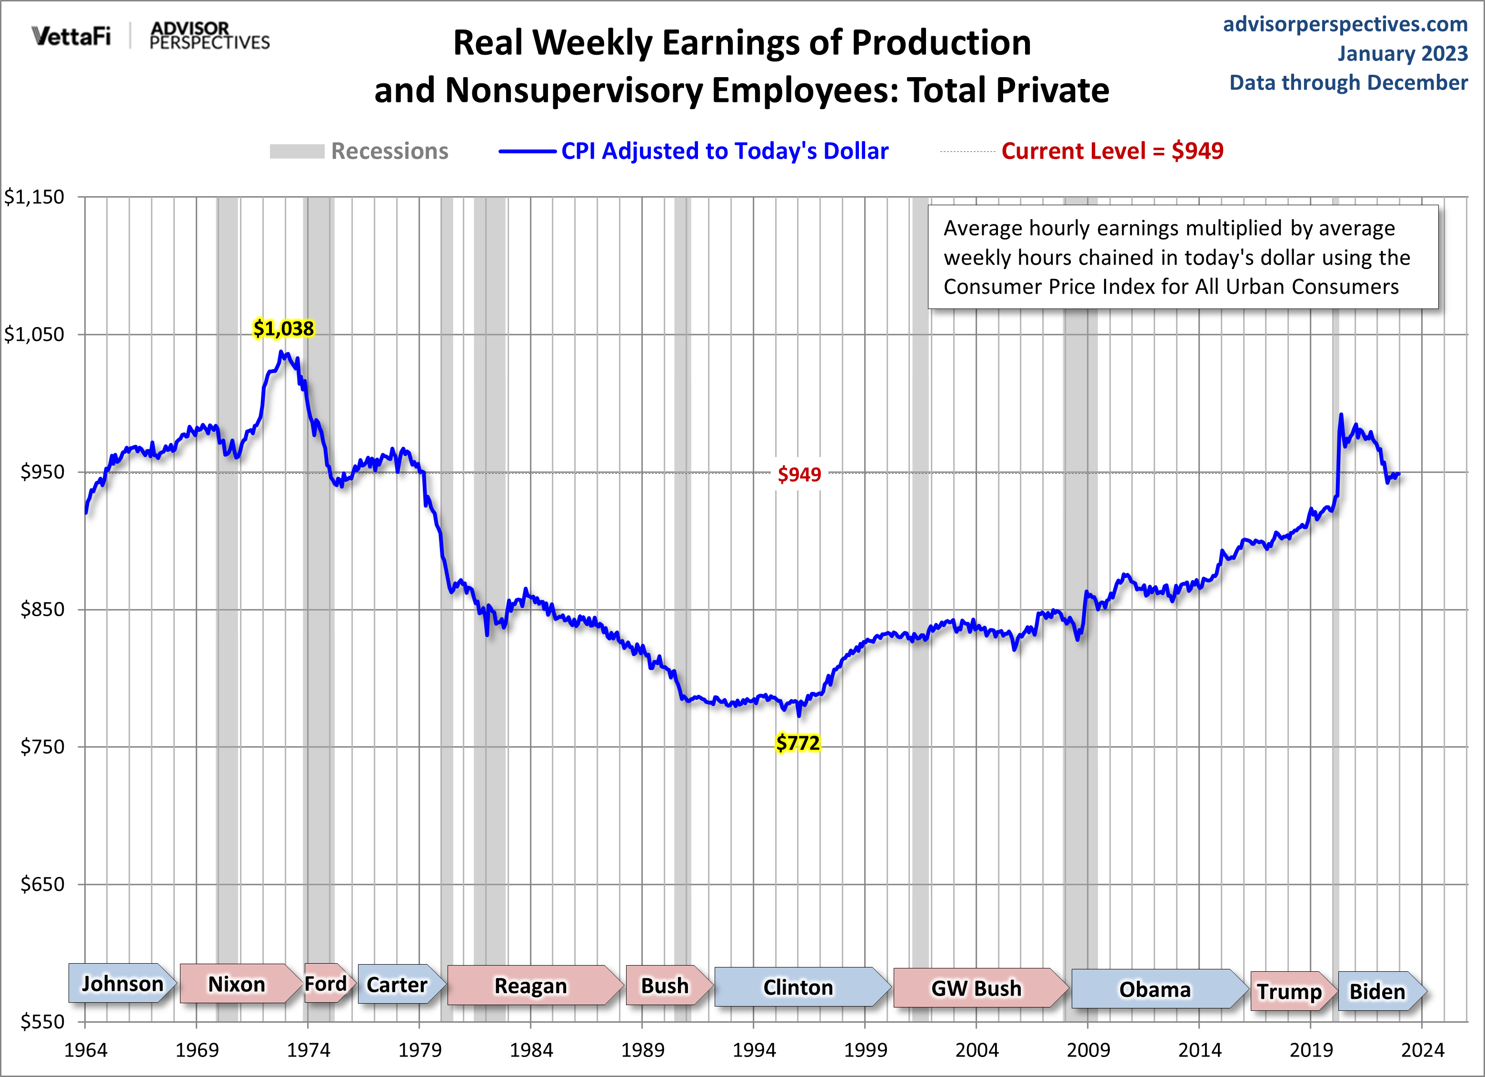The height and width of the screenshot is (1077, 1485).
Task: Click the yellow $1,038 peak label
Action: click(283, 329)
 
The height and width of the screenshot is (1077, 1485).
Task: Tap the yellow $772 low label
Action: click(797, 743)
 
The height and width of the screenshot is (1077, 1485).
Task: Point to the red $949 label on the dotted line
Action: click(799, 474)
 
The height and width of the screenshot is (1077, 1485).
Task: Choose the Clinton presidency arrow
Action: click(798, 987)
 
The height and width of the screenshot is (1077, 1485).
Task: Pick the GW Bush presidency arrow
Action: click(976, 988)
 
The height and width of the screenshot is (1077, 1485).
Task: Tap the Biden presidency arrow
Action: click(1377, 991)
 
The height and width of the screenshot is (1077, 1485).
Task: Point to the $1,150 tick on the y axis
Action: click(34, 197)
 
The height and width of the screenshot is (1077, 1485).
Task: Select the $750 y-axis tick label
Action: click(42, 747)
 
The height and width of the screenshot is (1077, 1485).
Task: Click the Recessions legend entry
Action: click(389, 151)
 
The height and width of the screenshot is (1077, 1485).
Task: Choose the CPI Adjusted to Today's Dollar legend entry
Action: click(724, 151)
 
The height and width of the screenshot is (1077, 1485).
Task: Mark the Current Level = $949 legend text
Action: click(1112, 151)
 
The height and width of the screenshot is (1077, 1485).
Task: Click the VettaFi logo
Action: click(71, 36)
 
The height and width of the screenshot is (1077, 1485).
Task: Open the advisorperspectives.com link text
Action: click(1345, 24)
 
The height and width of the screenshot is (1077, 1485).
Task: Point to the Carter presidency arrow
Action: click(397, 985)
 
